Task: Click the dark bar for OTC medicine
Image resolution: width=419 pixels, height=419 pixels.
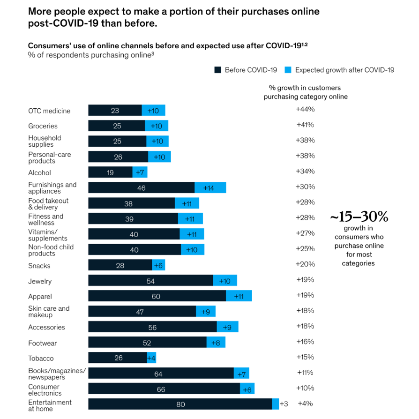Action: click(115, 111)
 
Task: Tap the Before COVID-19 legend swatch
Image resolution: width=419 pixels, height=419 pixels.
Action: click(217, 70)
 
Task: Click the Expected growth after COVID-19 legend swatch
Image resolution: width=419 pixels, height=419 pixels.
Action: click(288, 70)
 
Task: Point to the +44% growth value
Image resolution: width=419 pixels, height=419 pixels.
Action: click(305, 109)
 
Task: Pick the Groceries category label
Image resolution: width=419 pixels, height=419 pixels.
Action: click(43, 126)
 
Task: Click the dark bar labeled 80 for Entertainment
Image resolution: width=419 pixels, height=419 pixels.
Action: click(180, 404)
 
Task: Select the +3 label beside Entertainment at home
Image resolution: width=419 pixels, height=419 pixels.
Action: click(284, 404)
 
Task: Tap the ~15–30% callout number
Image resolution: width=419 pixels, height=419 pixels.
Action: click(359, 217)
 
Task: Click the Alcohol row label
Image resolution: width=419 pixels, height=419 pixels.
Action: click(39, 172)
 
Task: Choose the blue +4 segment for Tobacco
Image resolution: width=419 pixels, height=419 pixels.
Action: click(151, 358)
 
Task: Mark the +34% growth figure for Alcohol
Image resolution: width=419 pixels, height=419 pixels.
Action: click(305, 171)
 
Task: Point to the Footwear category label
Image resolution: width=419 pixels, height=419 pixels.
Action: click(42, 343)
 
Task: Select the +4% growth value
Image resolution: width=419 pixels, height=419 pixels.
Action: click(305, 404)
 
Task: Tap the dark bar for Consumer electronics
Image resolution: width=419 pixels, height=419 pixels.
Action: click(164, 389)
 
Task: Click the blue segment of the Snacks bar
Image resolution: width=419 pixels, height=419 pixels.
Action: click(158, 266)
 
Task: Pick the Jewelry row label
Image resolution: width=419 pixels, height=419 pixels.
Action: click(40, 281)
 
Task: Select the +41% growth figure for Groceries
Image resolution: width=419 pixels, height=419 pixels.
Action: click(305, 125)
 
